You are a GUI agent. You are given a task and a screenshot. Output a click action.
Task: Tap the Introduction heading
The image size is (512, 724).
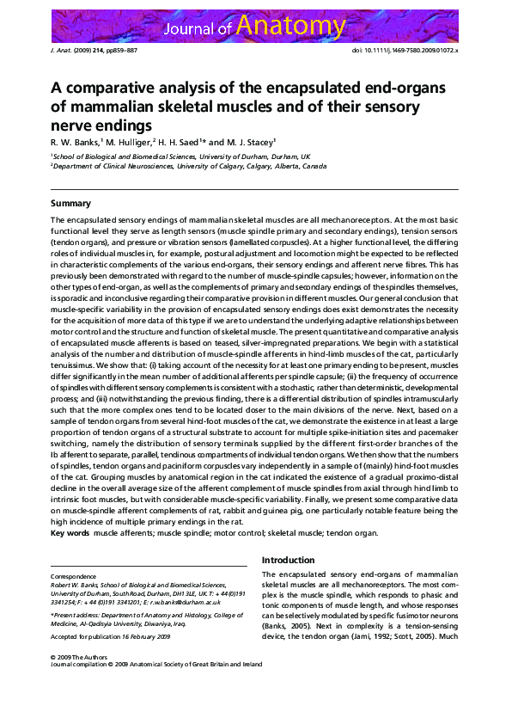click(289, 560)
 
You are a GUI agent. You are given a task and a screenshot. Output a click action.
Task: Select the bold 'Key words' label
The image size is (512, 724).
click(70, 533)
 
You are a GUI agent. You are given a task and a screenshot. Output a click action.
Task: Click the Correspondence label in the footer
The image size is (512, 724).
click(74, 575)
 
